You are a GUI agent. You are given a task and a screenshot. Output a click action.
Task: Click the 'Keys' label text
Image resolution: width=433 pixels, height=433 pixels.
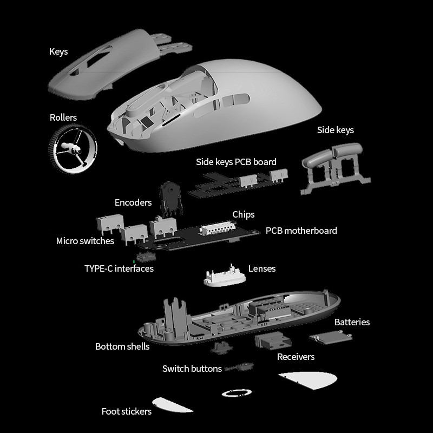58,51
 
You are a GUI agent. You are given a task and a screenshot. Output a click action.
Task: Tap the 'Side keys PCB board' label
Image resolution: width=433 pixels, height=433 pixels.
236,162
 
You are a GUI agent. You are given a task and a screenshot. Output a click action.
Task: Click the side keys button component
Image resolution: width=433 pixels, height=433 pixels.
335,168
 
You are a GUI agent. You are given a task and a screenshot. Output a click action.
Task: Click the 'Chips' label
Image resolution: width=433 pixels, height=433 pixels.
243,214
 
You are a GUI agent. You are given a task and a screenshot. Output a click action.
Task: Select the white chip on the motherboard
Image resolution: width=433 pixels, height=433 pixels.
218,228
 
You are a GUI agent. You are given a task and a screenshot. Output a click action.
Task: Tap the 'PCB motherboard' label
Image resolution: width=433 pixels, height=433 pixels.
301,231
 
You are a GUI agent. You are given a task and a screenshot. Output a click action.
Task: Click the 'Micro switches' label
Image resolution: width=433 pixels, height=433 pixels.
85,241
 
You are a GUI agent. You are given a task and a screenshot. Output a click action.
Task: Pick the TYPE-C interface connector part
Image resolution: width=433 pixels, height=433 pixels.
146,257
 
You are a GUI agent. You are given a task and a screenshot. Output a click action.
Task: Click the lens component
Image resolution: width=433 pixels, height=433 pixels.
225,277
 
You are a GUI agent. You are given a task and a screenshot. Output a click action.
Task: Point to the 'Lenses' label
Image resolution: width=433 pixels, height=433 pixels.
262,268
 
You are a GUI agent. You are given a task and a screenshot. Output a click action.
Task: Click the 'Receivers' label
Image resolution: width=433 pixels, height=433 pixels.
296,357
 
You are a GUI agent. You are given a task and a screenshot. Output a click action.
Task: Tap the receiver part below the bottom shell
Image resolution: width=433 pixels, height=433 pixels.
273,340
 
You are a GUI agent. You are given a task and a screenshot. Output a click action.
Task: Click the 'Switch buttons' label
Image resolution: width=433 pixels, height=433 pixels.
192,369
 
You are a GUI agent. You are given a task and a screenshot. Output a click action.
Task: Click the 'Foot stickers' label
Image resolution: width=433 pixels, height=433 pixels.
127,411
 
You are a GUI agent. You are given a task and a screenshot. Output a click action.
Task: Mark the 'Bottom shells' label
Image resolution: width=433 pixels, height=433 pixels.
122,346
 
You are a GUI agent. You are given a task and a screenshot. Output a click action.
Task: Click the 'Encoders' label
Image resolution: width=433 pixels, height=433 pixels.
133,202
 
